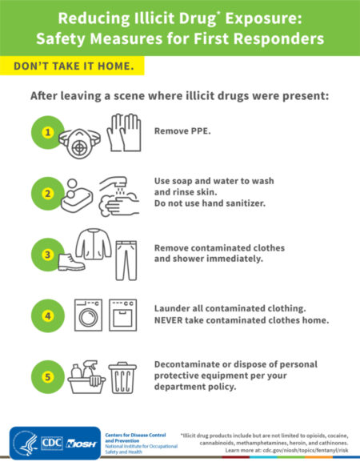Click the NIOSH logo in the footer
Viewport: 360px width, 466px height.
tap(82, 443)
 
